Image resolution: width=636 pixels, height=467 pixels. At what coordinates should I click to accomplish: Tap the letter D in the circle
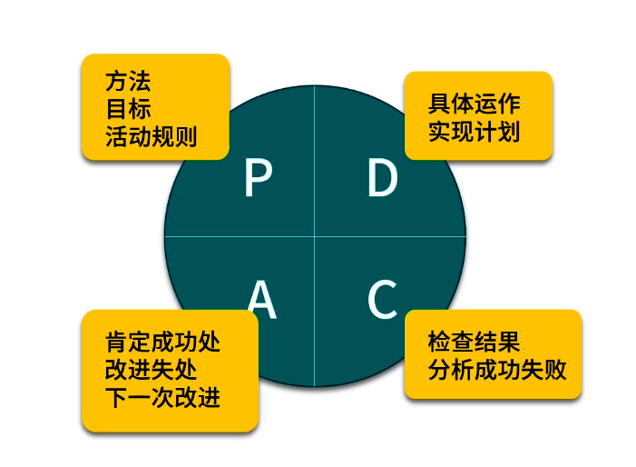click(x=383, y=178)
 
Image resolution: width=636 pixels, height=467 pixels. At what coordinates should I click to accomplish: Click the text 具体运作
click(x=475, y=104)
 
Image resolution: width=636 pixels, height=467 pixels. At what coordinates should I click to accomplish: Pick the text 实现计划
click(x=475, y=131)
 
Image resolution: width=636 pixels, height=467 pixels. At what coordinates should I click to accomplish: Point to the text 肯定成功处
click(x=162, y=343)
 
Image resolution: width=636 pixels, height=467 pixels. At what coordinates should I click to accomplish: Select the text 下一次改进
click(x=162, y=397)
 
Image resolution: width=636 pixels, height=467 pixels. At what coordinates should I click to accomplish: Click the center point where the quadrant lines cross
click(x=315, y=236)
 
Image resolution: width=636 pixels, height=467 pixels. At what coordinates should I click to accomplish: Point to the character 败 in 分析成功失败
click(x=555, y=370)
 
